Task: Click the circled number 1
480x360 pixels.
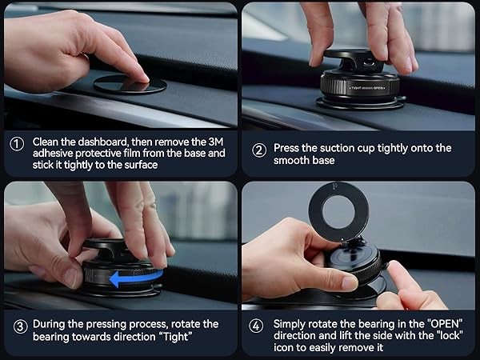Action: (17, 144)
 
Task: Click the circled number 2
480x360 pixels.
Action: (259, 150)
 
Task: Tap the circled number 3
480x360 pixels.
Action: (21, 326)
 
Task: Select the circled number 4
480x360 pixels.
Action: (256, 326)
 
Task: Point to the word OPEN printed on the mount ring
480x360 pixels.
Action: (378, 88)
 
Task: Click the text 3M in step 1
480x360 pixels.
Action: (216, 142)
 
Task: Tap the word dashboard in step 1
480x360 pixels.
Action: (102, 142)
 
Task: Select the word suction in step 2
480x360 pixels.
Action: (337, 148)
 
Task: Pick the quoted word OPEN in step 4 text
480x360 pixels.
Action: (445, 324)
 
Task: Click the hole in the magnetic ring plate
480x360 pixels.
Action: (338, 212)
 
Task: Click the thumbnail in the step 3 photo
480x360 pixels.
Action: (70, 278)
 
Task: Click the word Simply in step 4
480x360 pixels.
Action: (290, 325)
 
